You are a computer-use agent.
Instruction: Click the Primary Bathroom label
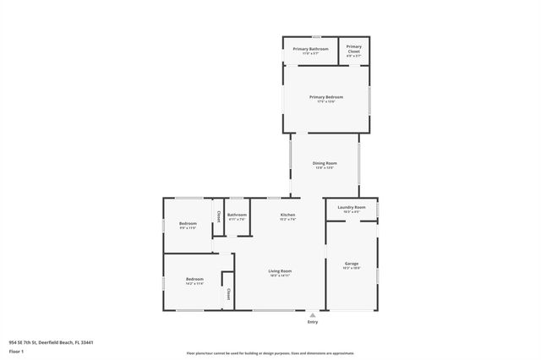point(310,49)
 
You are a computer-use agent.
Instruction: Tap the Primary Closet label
point(354,48)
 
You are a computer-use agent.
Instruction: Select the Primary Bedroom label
point(325,97)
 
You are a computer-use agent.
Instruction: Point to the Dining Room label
point(325,163)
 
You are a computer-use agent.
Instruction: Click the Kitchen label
point(288,215)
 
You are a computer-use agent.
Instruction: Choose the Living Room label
point(281,270)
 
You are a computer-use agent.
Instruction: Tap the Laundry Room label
point(351,207)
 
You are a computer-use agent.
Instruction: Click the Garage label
point(352,264)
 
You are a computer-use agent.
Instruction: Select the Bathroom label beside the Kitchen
point(237,215)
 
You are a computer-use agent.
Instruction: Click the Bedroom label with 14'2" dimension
point(194,279)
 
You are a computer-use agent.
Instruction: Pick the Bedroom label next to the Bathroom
point(187,223)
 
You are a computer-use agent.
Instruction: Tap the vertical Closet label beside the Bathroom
point(219,216)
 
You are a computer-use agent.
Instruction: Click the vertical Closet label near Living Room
point(228,294)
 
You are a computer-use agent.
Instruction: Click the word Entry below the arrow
point(314,322)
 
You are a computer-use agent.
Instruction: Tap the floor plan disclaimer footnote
point(270,353)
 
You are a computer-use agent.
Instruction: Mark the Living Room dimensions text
point(281,275)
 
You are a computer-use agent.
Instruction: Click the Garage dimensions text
point(352,269)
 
